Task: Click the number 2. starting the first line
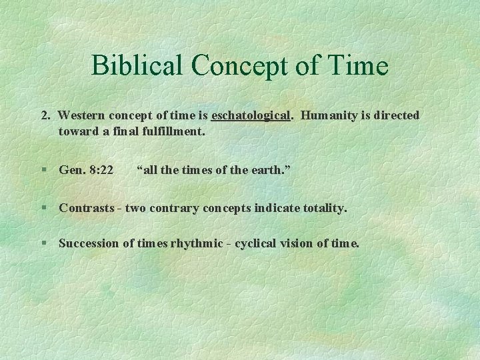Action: pyautogui.click(x=45, y=115)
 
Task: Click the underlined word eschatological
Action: pyautogui.click(x=251, y=115)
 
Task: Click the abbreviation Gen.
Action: pyautogui.click(x=71, y=170)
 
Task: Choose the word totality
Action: pyautogui.click(x=325, y=208)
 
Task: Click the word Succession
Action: pyautogui.click(x=89, y=243)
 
